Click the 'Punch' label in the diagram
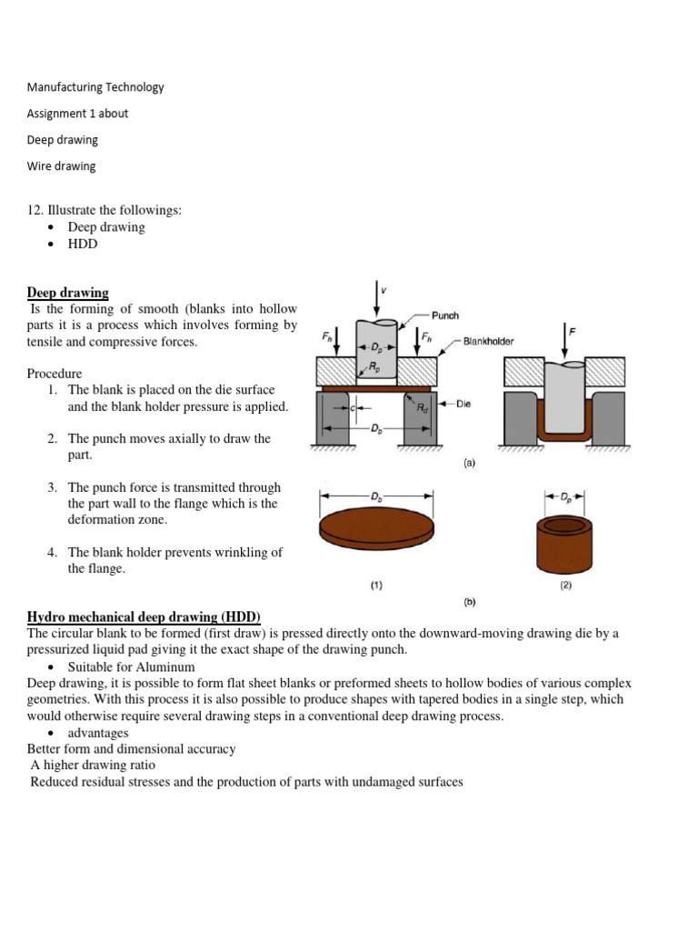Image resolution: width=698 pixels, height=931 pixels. pos(444,315)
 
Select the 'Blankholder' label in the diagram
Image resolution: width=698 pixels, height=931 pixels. pos(488,342)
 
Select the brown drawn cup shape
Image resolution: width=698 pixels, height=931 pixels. pos(565,543)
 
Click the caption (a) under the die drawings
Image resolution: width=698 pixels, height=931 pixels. pos(469,462)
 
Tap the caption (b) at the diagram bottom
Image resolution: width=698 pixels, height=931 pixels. pos(469,602)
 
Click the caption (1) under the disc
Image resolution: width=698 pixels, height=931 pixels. pos(375,586)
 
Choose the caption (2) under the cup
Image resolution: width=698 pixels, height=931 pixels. pos(565,586)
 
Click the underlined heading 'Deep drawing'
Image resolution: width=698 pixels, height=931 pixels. pos(67,293)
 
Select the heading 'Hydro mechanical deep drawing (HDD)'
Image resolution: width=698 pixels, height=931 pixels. pos(144,617)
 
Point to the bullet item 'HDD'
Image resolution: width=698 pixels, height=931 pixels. pos(83,244)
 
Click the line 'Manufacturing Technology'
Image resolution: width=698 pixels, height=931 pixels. pos(95,87)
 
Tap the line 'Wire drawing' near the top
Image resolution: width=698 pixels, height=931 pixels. pos(61,166)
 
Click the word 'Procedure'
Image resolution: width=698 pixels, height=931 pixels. pos(55,374)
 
